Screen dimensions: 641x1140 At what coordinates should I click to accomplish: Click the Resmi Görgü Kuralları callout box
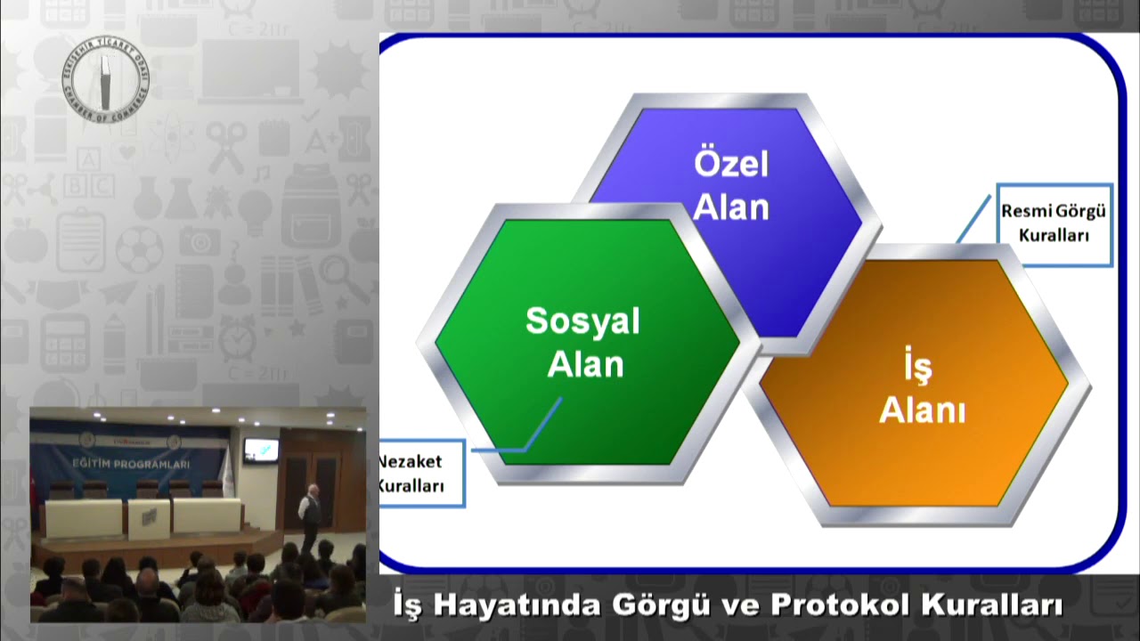(1054, 224)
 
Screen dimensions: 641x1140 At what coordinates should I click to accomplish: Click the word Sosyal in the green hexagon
(582, 321)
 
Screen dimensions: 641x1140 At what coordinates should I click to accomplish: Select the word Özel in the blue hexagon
(730, 165)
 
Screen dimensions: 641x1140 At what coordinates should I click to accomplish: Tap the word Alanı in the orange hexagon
(922, 411)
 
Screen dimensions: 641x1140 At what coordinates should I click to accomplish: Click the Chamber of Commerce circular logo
(105, 78)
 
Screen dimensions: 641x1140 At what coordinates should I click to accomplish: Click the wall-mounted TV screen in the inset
(261, 450)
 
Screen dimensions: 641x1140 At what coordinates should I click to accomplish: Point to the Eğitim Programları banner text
(131, 464)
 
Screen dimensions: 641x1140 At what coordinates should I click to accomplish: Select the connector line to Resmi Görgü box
(974, 218)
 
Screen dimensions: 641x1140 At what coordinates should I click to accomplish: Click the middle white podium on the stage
(148, 517)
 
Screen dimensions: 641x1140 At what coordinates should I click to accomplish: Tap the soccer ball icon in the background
(139, 249)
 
